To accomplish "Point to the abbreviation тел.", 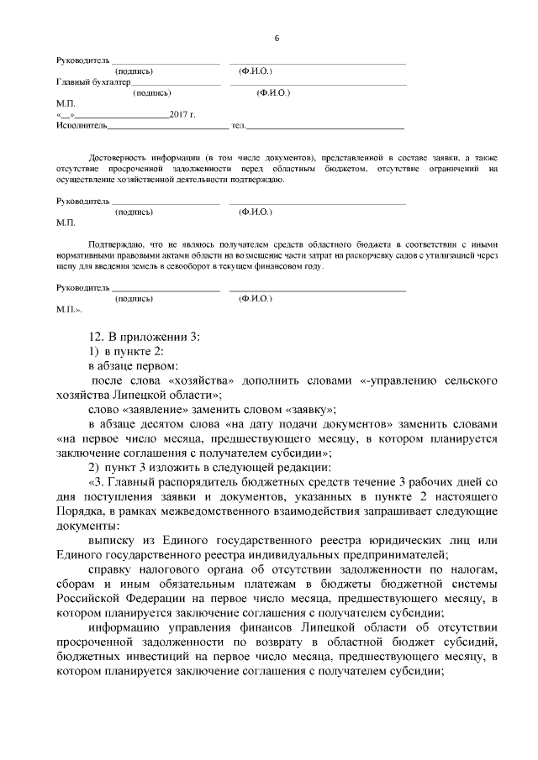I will (237, 125).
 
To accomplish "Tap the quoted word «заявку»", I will (306, 409).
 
